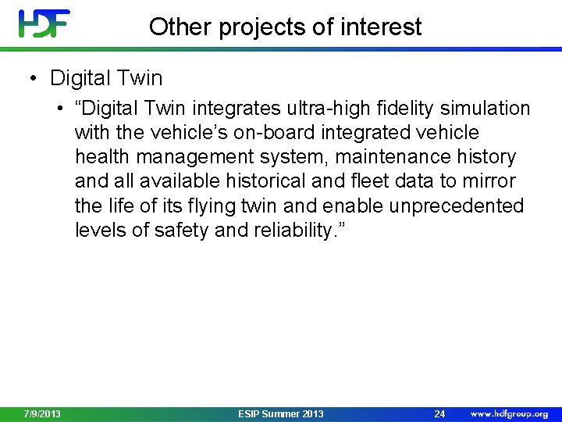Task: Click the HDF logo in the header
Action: point(44,23)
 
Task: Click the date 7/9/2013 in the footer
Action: point(42,413)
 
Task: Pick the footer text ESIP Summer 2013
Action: point(280,413)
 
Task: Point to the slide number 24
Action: point(439,413)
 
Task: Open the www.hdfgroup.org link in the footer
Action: point(509,413)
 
